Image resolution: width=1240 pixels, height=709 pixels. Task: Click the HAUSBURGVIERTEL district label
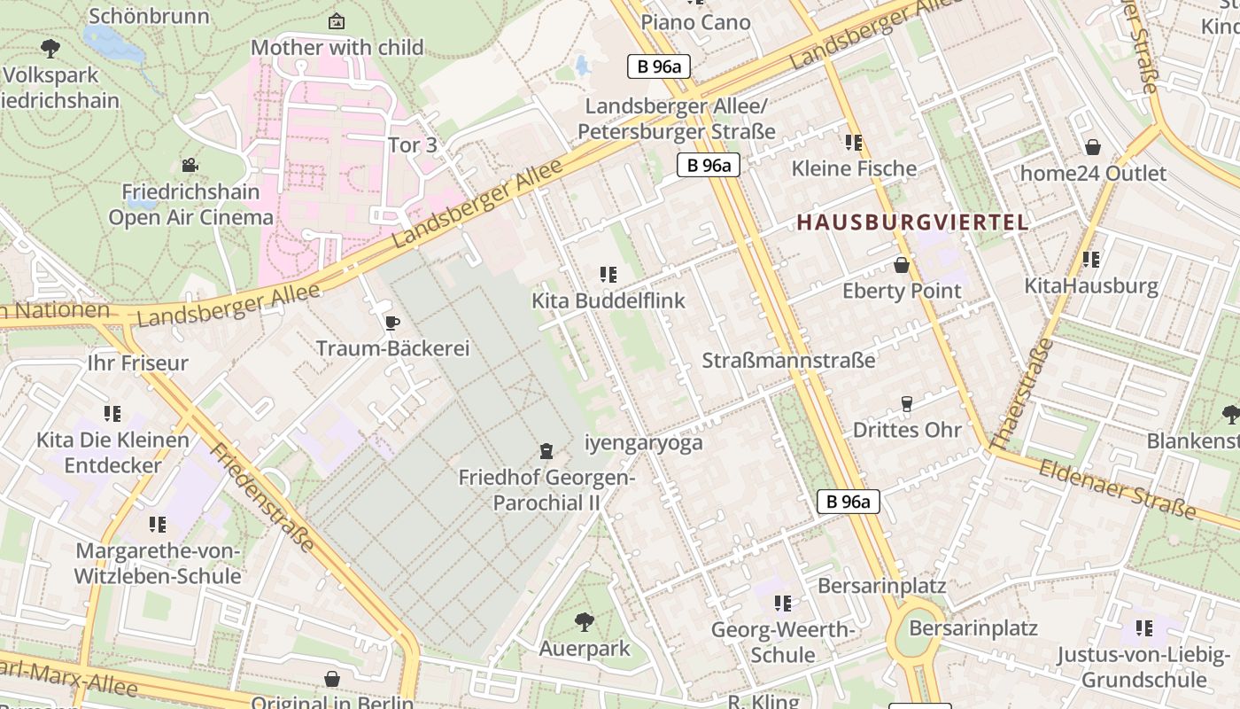912,222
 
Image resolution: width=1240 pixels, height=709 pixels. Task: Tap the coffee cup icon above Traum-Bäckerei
391,323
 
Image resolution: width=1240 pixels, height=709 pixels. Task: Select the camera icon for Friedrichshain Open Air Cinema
190,165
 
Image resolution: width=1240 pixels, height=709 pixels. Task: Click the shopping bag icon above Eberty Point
902,265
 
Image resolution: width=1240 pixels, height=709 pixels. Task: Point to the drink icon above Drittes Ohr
906,404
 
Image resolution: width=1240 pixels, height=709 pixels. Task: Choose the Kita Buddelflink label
608,300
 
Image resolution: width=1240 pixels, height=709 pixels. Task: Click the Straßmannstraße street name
788,361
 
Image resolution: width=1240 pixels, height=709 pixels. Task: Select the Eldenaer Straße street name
1118,488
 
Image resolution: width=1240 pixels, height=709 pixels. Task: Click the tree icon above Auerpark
585,622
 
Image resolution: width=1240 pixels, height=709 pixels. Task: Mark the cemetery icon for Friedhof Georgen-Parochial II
546,452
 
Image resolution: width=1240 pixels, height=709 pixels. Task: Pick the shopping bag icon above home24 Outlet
1093,147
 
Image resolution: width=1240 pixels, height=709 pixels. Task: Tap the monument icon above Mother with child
337,21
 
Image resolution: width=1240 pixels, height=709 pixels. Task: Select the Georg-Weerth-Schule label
783,643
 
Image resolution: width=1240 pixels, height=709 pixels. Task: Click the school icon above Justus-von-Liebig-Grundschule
1144,629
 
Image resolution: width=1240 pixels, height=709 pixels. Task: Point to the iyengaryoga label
644,443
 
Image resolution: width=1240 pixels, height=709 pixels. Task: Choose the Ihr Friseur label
138,362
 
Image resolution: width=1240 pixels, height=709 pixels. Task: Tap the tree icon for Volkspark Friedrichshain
50,49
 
